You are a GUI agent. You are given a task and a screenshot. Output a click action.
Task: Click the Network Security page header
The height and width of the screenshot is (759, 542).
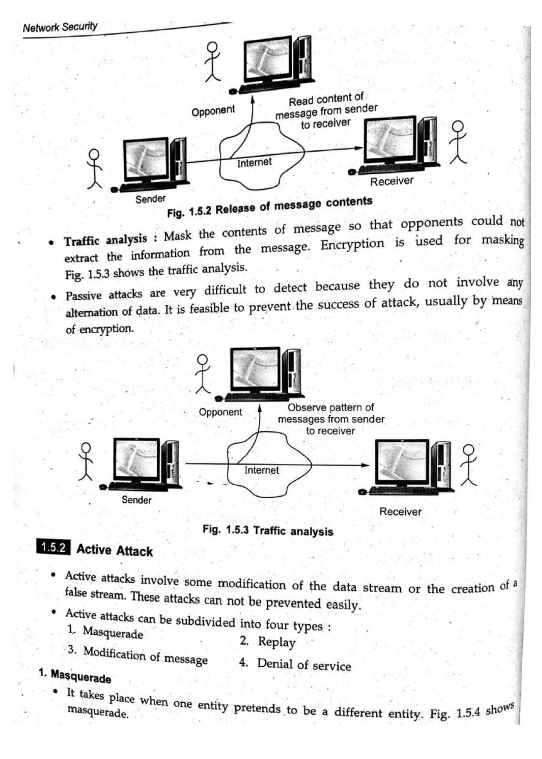[60, 27]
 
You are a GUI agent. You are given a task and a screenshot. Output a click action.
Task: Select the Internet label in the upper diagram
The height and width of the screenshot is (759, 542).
[254, 163]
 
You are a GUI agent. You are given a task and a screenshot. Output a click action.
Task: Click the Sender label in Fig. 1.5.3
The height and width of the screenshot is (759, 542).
[136, 500]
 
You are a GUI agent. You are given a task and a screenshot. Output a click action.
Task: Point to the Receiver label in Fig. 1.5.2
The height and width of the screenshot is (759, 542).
[392, 181]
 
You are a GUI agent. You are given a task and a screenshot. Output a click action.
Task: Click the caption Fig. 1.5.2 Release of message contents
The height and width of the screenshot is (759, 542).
[270, 207]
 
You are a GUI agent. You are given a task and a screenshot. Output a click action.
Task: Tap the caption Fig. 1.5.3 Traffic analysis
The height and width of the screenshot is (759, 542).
[268, 531]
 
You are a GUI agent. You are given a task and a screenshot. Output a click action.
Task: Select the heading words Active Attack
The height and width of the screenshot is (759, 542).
[115, 550]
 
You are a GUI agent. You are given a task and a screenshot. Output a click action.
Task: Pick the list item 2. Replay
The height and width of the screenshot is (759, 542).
[268, 642]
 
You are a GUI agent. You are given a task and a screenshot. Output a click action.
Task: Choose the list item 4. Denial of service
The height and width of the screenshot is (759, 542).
[295, 664]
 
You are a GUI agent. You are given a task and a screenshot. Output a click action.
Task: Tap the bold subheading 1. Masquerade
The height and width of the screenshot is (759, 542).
[75, 676]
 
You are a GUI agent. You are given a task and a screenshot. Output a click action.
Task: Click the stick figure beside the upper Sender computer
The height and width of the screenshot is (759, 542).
[94, 168]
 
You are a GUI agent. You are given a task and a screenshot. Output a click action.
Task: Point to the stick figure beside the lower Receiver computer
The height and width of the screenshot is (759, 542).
[469, 465]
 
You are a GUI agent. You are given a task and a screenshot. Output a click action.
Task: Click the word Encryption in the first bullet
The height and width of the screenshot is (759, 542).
[352, 244]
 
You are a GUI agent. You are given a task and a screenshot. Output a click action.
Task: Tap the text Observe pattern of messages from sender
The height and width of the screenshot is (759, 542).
[331, 414]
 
